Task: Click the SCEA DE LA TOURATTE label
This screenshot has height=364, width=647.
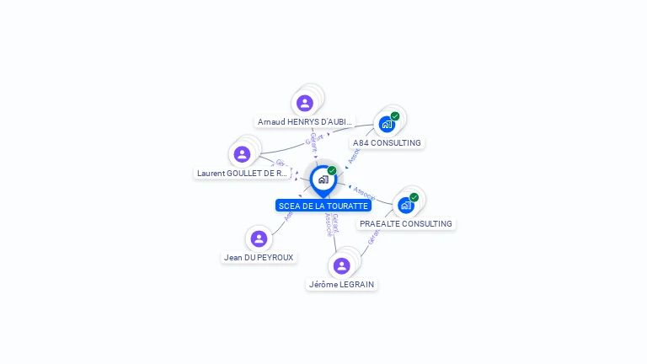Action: [323, 206]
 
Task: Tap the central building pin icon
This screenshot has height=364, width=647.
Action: [323, 179]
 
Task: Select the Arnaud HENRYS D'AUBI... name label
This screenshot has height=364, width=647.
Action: [305, 121]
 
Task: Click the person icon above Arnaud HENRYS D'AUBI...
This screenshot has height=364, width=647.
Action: [305, 103]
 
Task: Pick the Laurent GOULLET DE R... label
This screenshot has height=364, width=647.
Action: [243, 173]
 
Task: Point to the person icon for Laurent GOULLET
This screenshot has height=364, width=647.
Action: [243, 154]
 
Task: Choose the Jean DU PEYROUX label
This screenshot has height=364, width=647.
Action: [259, 257]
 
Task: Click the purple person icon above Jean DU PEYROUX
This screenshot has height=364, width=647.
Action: [259, 238]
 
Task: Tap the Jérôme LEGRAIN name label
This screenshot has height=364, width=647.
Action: [341, 285]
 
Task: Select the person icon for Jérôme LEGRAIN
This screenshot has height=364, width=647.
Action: [341, 266]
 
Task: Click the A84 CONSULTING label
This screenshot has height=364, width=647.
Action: [387, 143]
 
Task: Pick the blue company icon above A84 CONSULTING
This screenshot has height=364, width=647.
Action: [387, 125]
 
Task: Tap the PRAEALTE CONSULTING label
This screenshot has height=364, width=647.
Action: [406, 224]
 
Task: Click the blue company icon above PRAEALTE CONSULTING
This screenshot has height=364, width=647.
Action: [406, 206]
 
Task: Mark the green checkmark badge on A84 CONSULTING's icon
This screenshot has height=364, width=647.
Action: [395, 116]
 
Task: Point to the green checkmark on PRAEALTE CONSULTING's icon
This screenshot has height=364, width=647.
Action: [414, 197]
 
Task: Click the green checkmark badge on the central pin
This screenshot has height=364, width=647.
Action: [332, 170]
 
